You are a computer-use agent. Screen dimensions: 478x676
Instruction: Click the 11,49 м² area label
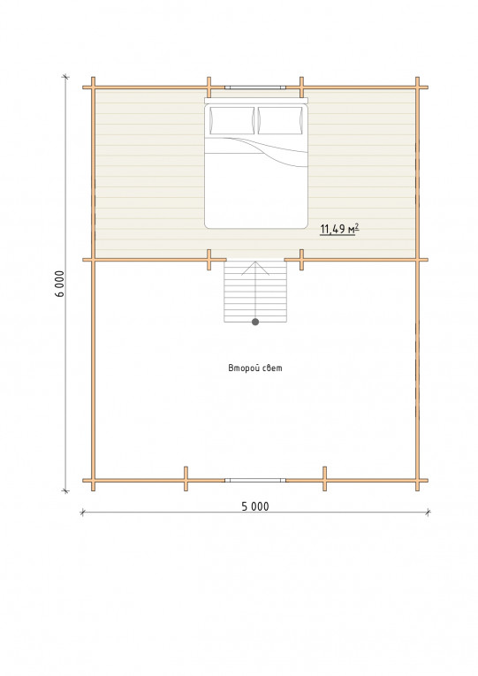point(339,229)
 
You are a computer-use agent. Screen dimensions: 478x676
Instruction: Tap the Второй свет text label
point(255,368)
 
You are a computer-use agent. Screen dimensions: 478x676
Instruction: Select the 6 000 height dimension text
point(59,284)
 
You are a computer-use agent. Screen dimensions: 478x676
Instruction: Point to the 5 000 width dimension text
point(255,506)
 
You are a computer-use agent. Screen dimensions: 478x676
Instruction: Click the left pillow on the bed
point(231,120)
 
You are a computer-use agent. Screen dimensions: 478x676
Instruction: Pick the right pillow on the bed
point(280,120)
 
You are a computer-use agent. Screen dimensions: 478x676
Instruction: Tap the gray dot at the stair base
point(255,322)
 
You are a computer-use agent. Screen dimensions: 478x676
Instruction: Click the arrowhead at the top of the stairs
point(255,267)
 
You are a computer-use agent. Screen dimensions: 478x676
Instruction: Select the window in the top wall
point(255,87)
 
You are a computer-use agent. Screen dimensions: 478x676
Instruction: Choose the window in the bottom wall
point(255,480)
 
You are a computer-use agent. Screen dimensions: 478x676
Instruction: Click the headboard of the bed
point(256,101)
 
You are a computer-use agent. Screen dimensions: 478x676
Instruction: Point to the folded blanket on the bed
point(256,152)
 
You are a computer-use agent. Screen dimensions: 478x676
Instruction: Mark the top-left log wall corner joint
point(93,87)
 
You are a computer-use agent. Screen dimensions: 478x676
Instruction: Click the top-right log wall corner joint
point(417,87)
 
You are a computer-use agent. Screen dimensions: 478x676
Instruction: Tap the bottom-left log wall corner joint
point(93,480)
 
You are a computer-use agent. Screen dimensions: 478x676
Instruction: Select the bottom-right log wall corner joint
point(417,480)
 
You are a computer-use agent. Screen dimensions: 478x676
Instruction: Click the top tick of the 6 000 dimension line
point(65,77)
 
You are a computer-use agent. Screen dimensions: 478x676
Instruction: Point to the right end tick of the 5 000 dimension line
point(428,513)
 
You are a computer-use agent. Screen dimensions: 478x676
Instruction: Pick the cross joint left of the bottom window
point(186,479)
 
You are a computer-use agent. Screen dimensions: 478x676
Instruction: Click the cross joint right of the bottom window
point(324,479)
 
